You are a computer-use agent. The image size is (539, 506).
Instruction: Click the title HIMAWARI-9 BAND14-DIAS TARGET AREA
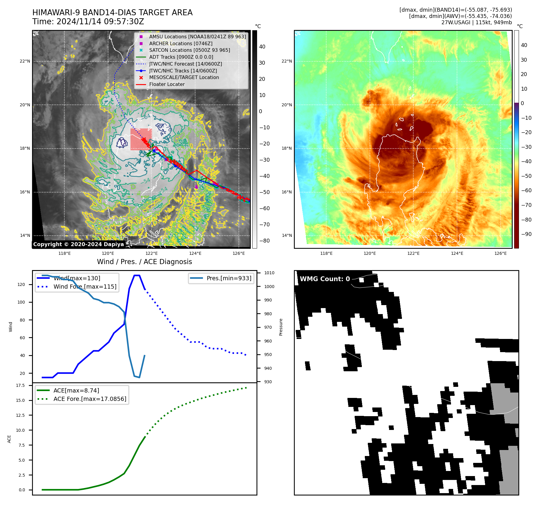coord(112,13)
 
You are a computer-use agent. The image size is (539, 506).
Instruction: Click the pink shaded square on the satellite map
coord(141,139)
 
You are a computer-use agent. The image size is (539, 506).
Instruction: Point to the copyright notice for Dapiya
coord(78,244)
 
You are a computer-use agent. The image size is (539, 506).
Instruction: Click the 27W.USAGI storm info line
coord(476,22)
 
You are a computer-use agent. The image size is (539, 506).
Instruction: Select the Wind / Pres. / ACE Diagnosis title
coord(144,262)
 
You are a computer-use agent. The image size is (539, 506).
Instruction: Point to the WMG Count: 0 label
coord(325,279)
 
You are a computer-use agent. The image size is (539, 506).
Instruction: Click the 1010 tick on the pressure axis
coord(269,273)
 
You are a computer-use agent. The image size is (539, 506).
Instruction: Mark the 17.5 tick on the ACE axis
coord(20,385)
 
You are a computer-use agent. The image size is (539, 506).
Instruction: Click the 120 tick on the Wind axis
coord(21,284)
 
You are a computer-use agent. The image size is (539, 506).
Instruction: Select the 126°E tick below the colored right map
coord(500,253)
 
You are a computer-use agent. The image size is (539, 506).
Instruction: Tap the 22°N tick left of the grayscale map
coord(25,61)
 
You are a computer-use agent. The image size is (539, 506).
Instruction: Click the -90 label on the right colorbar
coord(526,234)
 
